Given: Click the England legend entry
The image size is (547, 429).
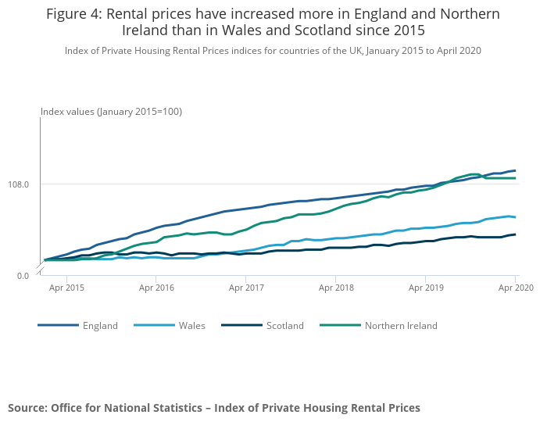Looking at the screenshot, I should tap(100, 326).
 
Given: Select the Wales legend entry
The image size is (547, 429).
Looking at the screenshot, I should tap(191, 326).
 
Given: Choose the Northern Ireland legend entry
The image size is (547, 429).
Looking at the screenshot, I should tap(401, 326).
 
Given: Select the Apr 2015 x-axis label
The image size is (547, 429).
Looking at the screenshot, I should tap(67, 288).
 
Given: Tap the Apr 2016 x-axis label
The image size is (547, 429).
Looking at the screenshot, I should tap(156, 288).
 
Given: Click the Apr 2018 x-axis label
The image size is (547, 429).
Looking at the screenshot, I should tap(335, 288).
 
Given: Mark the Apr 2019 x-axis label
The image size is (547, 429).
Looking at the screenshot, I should tap(425, 288).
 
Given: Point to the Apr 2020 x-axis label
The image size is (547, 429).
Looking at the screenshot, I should tap(516, 288).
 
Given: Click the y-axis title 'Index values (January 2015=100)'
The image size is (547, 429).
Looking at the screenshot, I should tap(111, 112).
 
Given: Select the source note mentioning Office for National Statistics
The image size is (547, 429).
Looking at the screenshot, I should tap(214, 408).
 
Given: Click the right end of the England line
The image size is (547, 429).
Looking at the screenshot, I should tap(515, 170).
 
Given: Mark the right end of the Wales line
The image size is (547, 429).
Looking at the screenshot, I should tap(515, 217).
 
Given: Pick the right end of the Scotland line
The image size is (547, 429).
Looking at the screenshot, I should tap(515, 234).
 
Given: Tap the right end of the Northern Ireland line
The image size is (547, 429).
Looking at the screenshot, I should tap(515, 178).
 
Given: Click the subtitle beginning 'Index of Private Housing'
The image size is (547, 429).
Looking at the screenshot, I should tap(273, 51).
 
